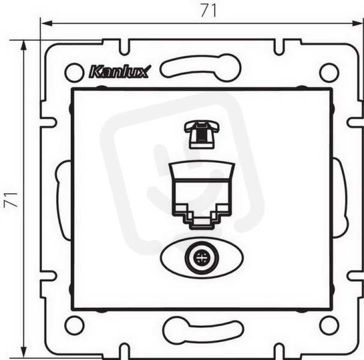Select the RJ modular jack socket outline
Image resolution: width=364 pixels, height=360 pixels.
(203, 194)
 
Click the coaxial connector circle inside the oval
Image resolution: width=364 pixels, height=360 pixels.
(201, 258)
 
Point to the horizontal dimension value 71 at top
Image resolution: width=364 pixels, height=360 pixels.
(209, 11)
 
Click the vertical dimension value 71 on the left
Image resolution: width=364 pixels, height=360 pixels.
(11, 199)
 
